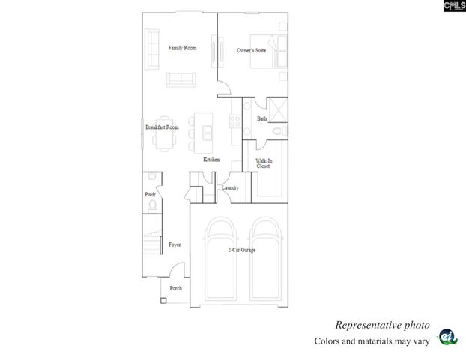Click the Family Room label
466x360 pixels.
182,48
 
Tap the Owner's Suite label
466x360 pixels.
251,50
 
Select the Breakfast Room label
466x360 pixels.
162,127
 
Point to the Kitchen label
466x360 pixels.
211,160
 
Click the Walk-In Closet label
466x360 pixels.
263,163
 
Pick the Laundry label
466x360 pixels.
230,187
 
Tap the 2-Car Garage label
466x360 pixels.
242,250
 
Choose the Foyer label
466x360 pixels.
175,244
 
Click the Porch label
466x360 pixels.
176,288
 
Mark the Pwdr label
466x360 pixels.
150,195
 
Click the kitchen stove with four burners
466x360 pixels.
235,120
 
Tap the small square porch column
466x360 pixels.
163,300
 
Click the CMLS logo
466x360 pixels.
454,6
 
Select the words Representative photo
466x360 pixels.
382,325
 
